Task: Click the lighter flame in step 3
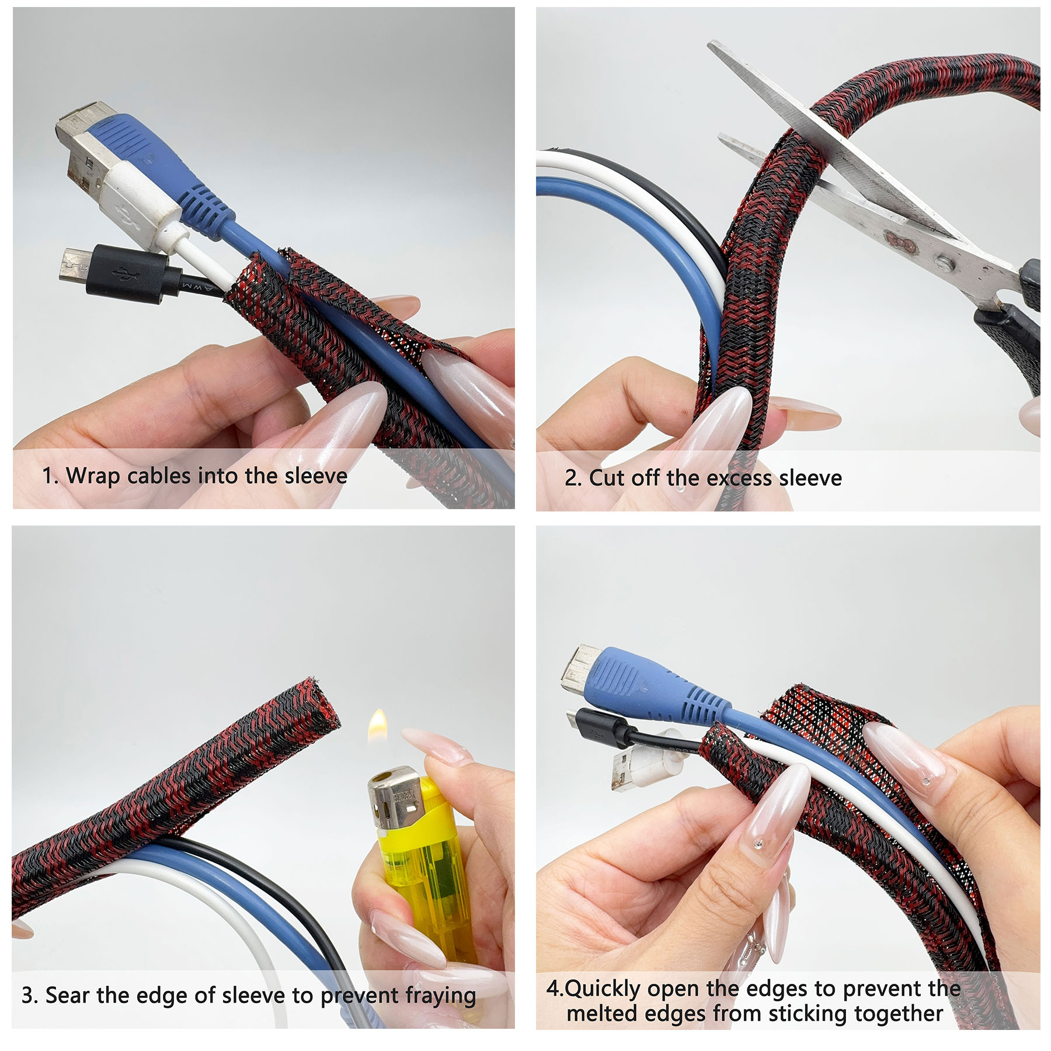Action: point(378,725)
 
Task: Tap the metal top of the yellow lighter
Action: point(393,795)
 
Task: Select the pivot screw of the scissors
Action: point(944,263)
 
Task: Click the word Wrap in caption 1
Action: point(93,476)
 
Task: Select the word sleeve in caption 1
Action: point(315,476)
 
